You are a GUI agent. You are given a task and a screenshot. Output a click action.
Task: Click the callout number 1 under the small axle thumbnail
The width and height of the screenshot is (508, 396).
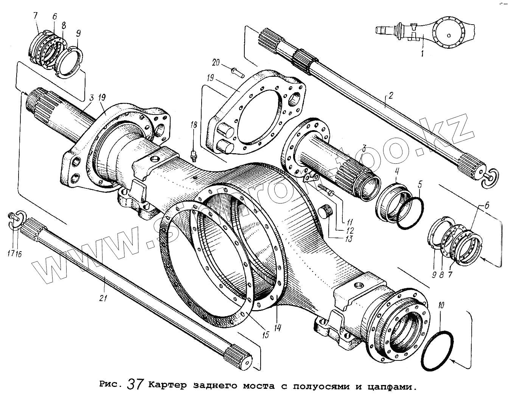coord(422,53)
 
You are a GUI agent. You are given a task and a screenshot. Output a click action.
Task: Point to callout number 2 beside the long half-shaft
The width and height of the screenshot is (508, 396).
coord(391,95)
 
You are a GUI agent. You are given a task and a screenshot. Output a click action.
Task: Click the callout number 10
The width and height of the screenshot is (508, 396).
coord(441,305)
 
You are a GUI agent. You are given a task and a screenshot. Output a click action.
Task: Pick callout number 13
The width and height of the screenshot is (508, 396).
coord(348,239)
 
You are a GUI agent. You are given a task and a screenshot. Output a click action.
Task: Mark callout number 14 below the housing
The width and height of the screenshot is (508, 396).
coord(278,328)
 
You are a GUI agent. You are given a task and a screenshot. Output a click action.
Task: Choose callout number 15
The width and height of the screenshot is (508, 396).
coord(266,334)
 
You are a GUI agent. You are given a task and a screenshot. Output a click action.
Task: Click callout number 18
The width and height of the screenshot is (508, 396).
coord(194,125)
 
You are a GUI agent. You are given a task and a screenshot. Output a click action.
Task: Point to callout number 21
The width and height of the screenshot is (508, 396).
coord(103,298)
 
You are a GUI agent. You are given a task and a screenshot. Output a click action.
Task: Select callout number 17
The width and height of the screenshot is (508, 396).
coord(11,253)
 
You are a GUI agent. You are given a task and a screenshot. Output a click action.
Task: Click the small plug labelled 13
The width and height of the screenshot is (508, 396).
coord(326,211)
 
